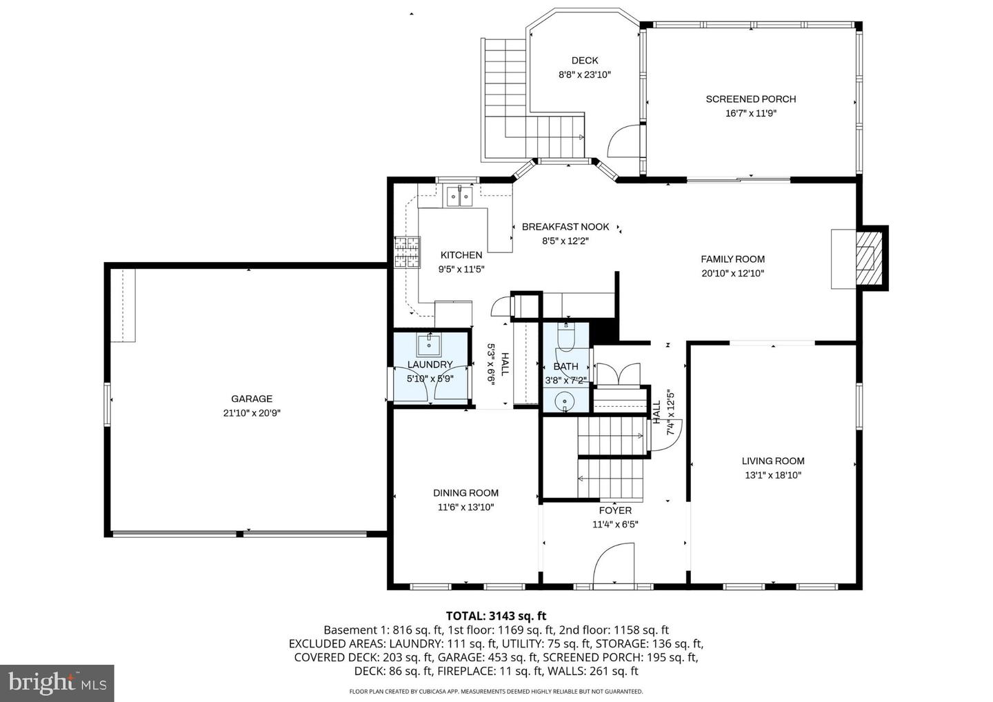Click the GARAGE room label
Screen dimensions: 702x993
click(251, 399)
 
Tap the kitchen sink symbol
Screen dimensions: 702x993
click(458, 197)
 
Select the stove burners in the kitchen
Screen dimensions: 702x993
click(407, 252)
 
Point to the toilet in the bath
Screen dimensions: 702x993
click(565, 338)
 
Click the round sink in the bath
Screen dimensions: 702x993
click(565, 400)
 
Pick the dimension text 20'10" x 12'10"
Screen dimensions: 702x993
click(732, 273)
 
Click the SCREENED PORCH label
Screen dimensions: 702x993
click(750, 99)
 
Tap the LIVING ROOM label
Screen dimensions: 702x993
click(772, 461)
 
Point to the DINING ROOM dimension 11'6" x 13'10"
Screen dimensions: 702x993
click(465, 507)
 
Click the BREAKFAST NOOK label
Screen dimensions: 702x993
click(565, 227)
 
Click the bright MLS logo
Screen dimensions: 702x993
click(57, 683)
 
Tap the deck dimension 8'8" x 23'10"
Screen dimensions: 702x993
click(584, 74)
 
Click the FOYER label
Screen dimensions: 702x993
click(614, 511)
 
